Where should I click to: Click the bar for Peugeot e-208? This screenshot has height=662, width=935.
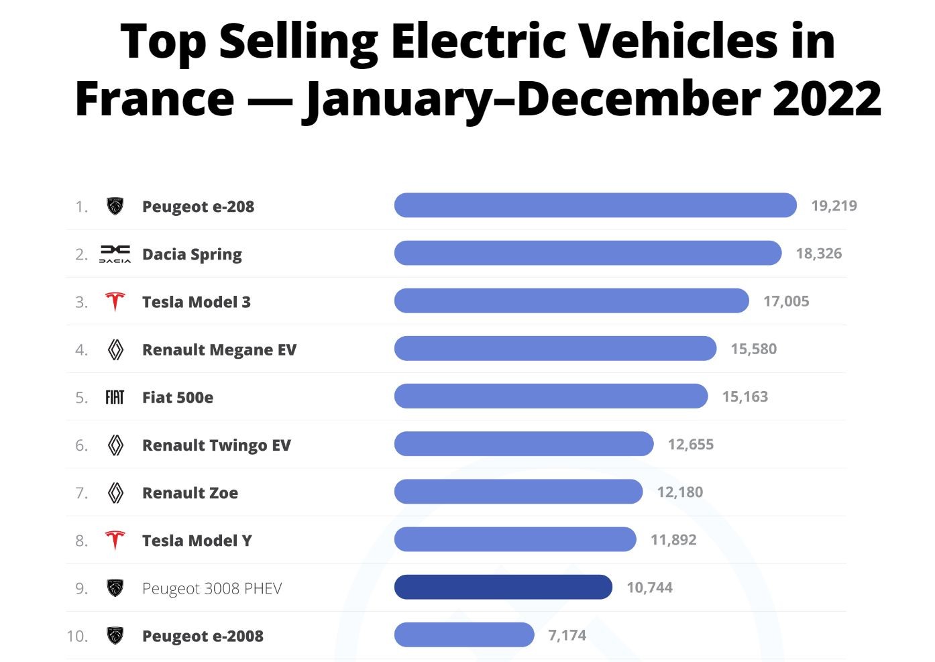click(595, 205)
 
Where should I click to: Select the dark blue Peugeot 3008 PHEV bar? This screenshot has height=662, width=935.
click(503, 587)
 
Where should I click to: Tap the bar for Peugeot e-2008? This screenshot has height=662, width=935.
click(464, 635)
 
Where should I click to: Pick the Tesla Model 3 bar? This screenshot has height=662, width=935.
click(571, 300)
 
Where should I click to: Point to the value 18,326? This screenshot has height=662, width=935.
click(818, 254)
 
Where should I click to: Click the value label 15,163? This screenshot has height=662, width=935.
click(745, 396)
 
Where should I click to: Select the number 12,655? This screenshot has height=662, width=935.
click(690, 444)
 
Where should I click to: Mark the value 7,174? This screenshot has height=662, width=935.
click(567, 635)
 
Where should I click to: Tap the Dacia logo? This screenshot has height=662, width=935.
click(115, 254)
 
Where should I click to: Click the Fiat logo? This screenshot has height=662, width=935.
click(115, 397)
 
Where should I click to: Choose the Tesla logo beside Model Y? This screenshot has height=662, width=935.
click(115, 540)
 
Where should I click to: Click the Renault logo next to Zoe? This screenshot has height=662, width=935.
click(115, 493)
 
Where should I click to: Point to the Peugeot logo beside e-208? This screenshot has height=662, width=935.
click(115, 206)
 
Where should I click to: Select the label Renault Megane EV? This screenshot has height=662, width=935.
click(219, 349)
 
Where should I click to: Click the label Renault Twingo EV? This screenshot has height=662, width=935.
click(217, 445)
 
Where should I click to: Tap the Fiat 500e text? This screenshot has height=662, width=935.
click(178, 398)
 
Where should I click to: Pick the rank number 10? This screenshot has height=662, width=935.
click(77, 636)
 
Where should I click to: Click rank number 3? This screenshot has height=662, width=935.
click(81, 302)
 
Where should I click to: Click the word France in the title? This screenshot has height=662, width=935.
click(155, 99)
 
